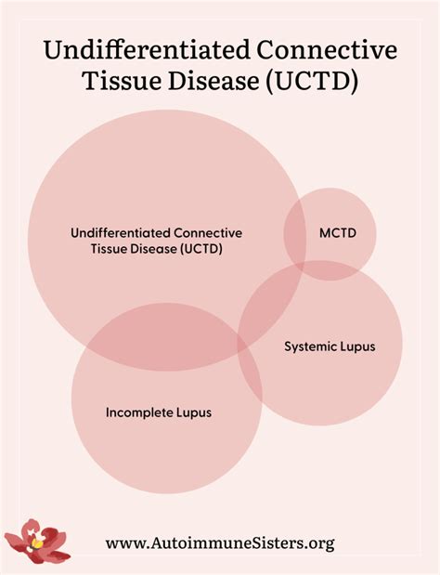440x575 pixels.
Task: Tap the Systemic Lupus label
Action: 330,346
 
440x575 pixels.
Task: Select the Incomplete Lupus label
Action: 158,412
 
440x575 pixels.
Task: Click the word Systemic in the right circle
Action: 308,346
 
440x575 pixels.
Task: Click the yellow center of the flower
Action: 37,541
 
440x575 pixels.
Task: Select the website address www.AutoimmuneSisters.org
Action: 219,543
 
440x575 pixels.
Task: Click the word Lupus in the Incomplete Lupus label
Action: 193,412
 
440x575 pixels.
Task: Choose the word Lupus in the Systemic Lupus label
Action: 357,346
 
